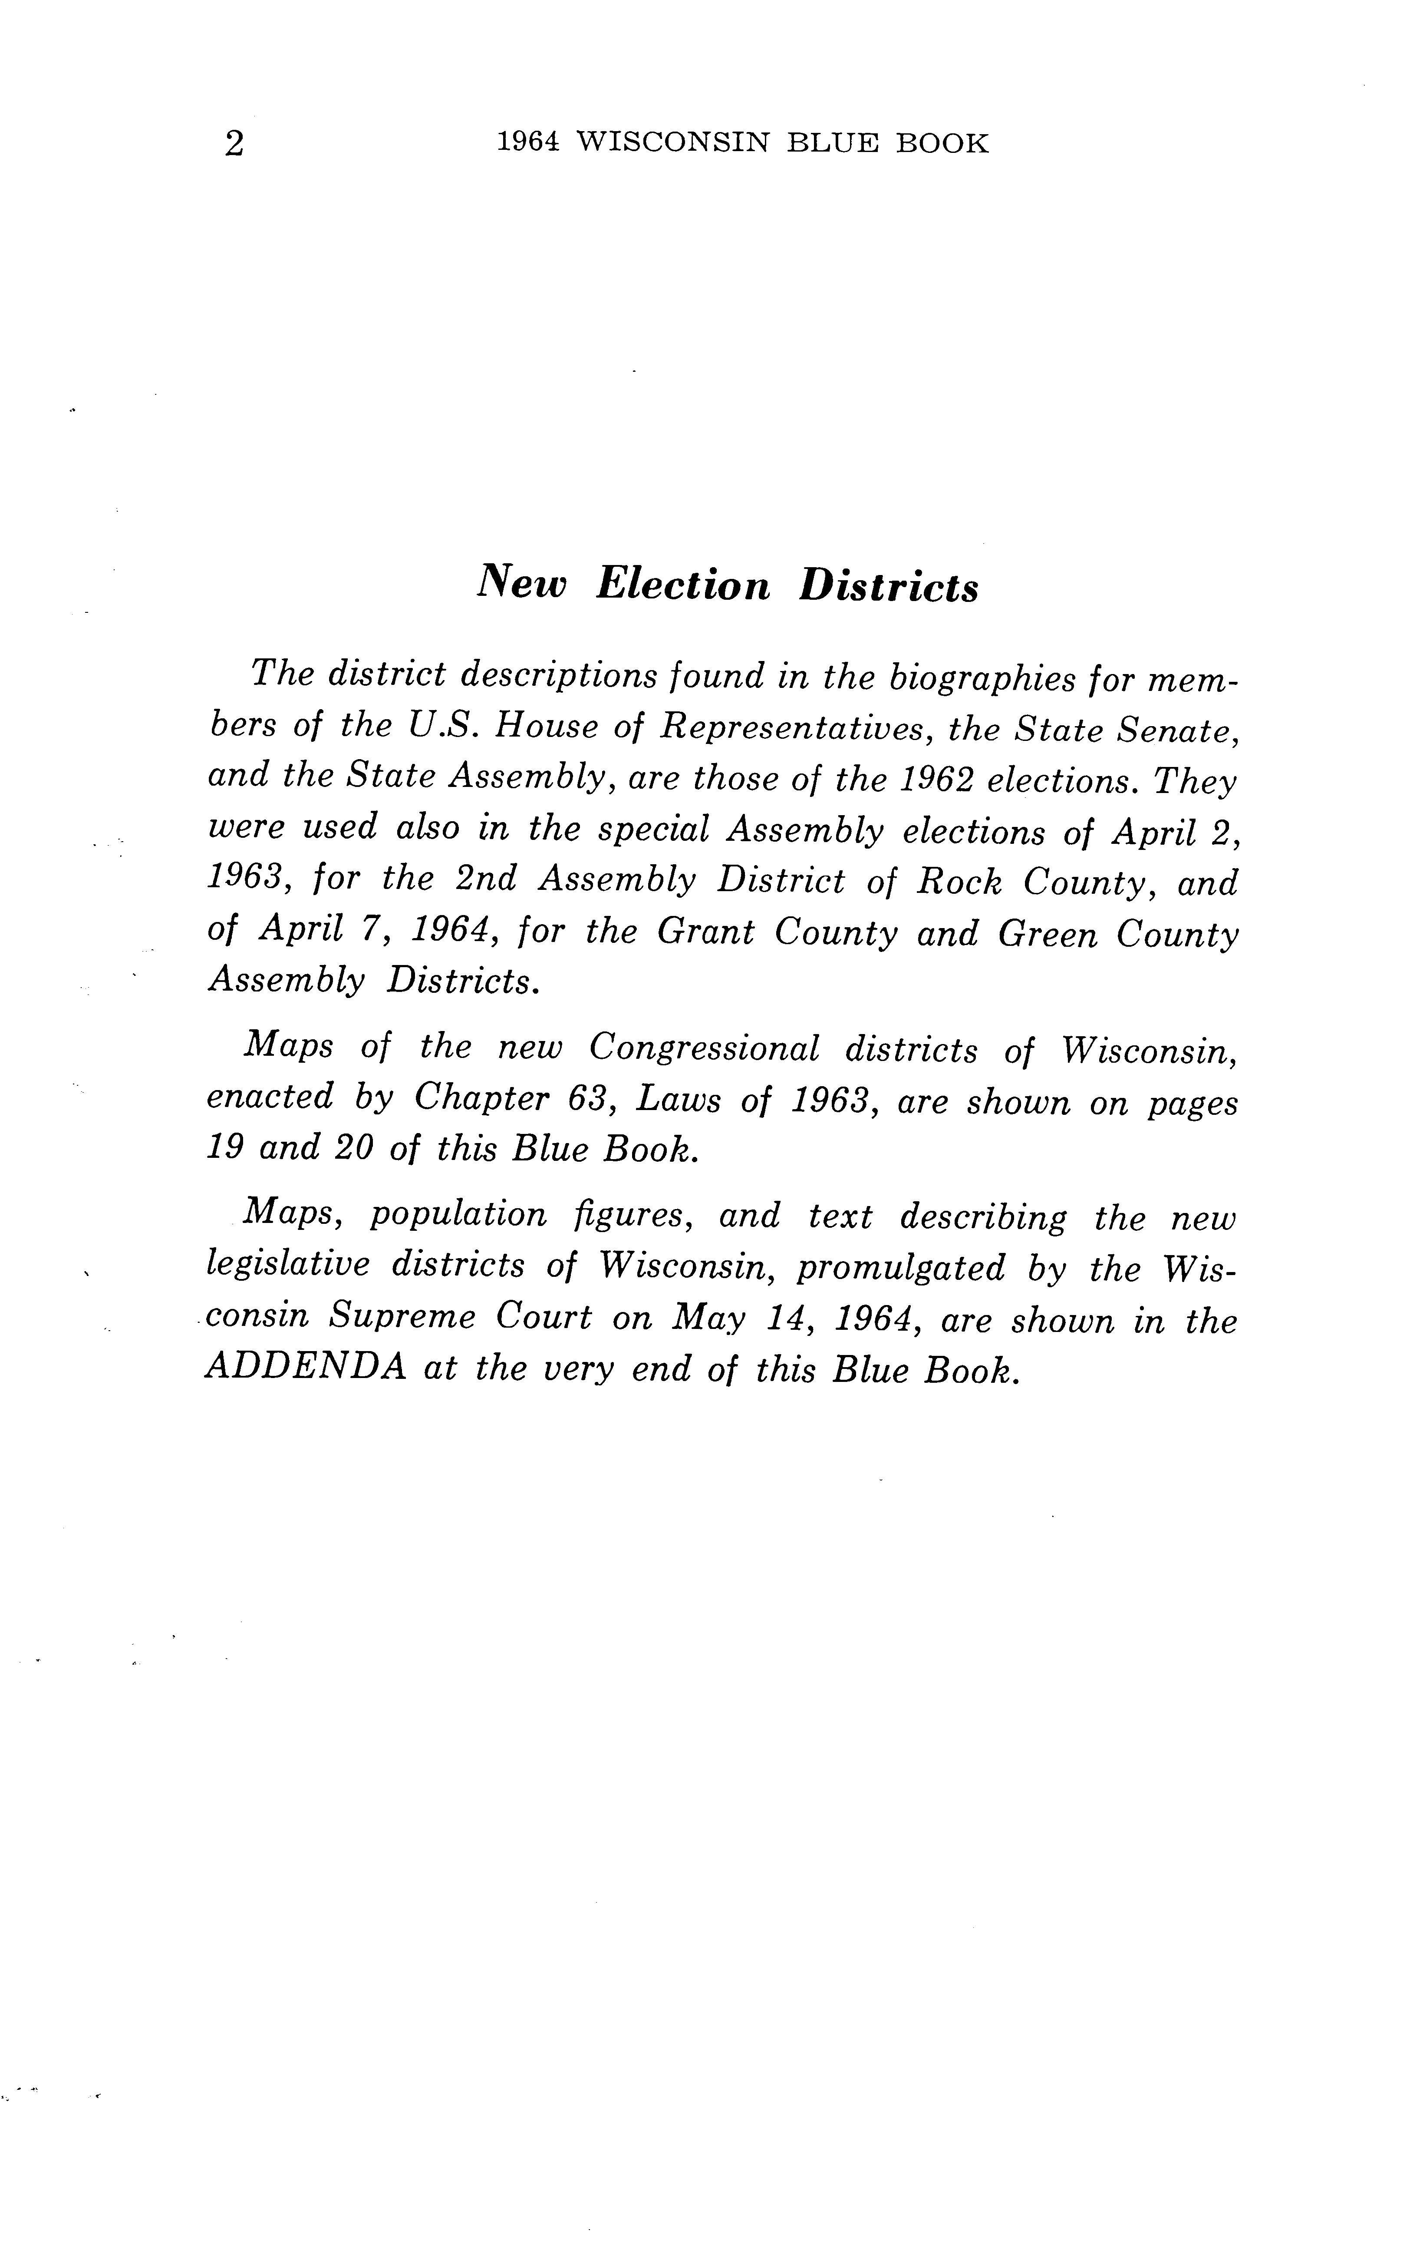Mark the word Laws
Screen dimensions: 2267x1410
pyautogui.click(x=678, y=1100)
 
